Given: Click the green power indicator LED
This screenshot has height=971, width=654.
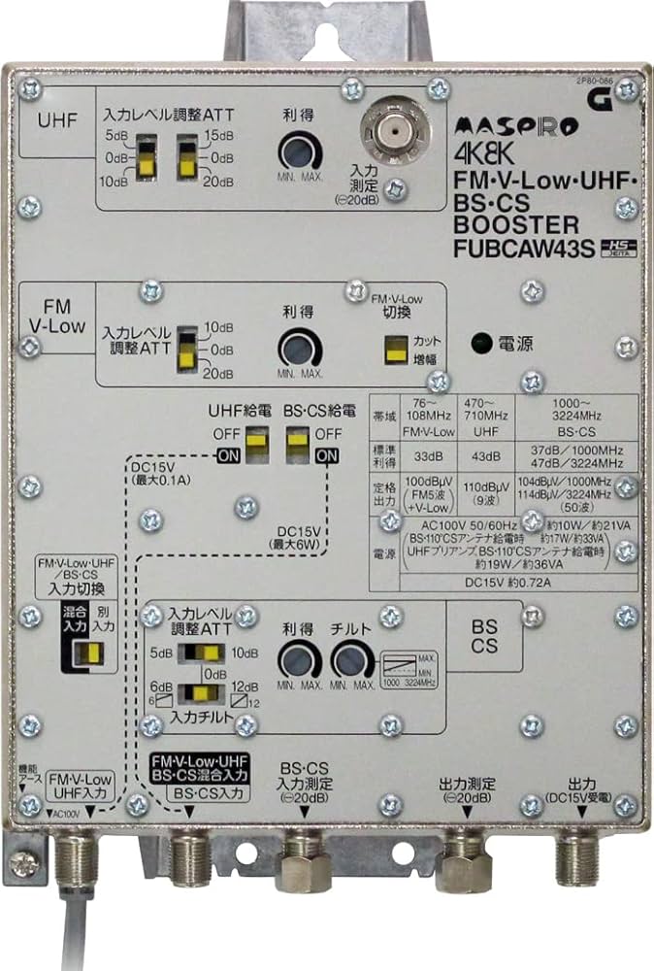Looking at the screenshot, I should [479, 342].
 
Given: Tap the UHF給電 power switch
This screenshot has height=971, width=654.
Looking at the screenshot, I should [255, 443].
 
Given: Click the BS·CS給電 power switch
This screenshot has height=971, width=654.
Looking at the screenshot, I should [297, 443].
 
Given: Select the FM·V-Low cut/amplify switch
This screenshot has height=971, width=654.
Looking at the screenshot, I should [395, 350].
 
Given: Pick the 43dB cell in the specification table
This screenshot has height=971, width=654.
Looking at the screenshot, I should [484, 456].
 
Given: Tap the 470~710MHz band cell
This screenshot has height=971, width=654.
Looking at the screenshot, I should [484, 418].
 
